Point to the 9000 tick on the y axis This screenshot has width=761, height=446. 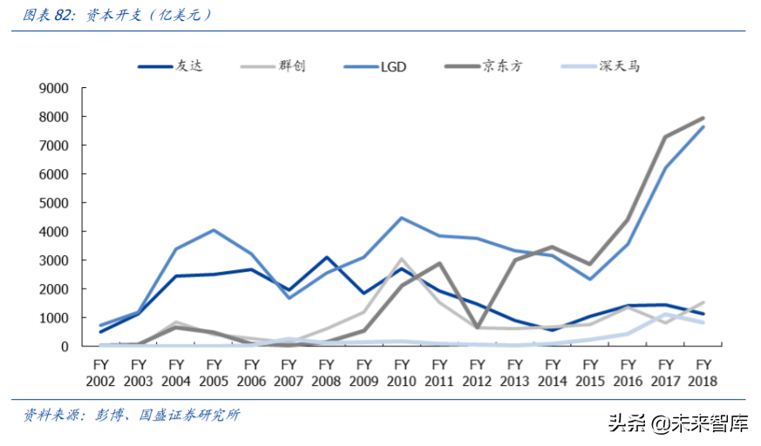pos(54,88)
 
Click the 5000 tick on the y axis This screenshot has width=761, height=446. pos(54,203)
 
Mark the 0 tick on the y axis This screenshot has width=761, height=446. pos(65,346)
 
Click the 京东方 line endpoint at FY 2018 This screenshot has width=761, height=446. pos(703,118)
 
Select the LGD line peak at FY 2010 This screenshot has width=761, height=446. pos(401,218)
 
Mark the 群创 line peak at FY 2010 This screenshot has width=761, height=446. pos(401,259)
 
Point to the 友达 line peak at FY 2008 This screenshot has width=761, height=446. pos(326,257)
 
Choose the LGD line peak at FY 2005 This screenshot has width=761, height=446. pos(214,230)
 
